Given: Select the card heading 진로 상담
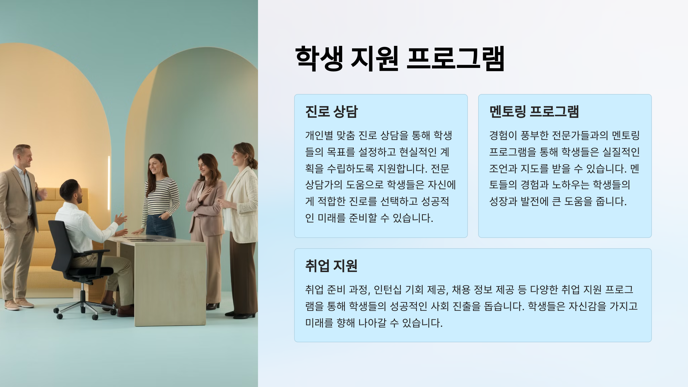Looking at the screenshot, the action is (331, 111).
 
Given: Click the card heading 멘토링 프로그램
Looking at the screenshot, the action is (534, 111).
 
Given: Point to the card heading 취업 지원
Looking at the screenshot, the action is (331, 265).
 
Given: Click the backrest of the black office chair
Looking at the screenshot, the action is (60, 244).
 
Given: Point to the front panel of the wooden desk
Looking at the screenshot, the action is (170, 284).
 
